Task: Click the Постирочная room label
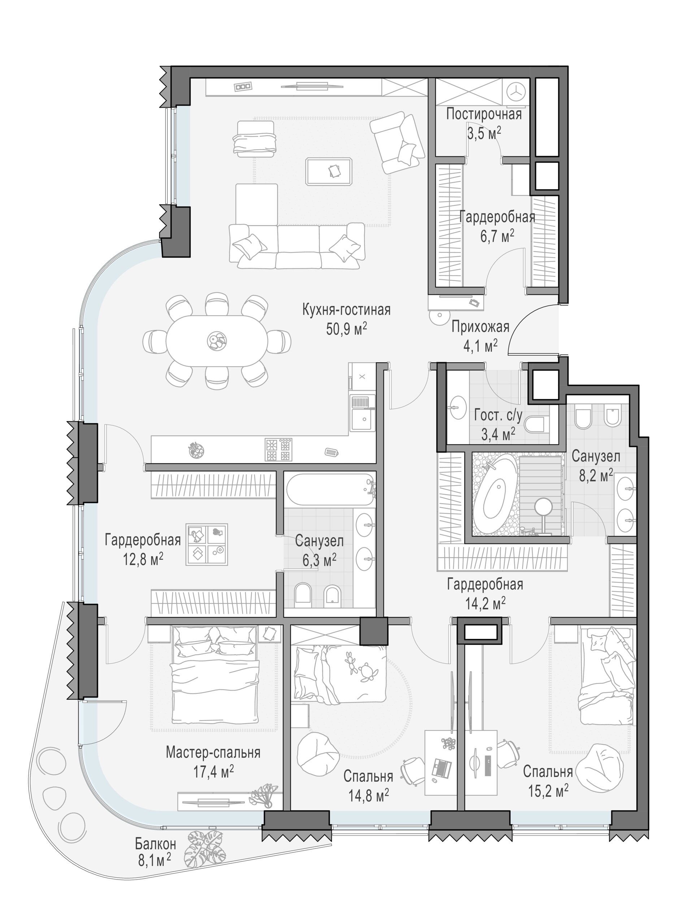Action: [x=484, y=114]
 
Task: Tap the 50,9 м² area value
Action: [x=346, y=329]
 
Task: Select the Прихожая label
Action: [x=480, y=327]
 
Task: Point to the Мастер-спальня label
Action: [x=213, y=752]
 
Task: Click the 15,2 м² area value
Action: [x=548, y=791]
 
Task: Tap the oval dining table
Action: [x=217, y=341]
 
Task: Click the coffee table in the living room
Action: [x=329, y=171]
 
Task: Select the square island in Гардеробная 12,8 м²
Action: [x=207, y=544]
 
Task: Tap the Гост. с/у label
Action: [x=498, y=415]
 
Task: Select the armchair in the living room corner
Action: [x=397, y=142]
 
